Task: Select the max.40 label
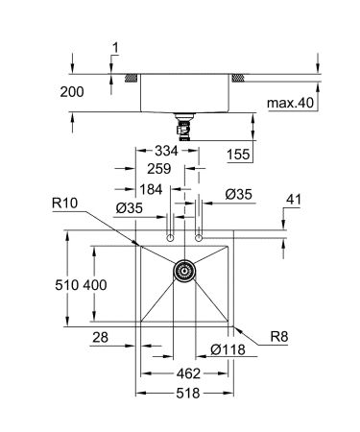point(291,103)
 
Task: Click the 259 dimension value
point(161,168)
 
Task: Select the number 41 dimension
point(294,200)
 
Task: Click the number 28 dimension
point(100,338)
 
